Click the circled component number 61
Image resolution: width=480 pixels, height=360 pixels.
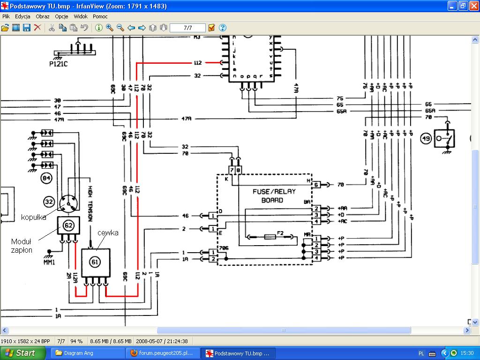[x=96, y=262]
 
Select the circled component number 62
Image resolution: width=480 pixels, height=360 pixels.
[x=68, y=226]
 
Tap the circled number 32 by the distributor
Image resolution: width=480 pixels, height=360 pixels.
[x=49, y=202]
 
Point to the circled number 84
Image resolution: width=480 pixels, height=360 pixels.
[x=46, y=178]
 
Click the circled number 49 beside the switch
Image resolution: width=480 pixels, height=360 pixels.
[x=426, y=139]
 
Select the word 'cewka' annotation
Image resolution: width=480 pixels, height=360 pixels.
[x=108, y=233]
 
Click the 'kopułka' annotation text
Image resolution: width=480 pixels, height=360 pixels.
[x=33, y=217]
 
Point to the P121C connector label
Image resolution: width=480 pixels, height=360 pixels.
[x=59, y=64]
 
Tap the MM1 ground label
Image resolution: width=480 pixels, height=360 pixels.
[x=49, y=262]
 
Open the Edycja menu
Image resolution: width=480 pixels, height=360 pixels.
[x=22, y=16]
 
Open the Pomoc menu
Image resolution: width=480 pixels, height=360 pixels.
[x=100, y=16]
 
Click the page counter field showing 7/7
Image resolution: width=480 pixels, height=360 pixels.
[x=187, y=28]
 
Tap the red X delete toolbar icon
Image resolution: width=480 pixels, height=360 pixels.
[x=37, y=28]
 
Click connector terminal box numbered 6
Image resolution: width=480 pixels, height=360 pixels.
[x=316, y=185]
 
